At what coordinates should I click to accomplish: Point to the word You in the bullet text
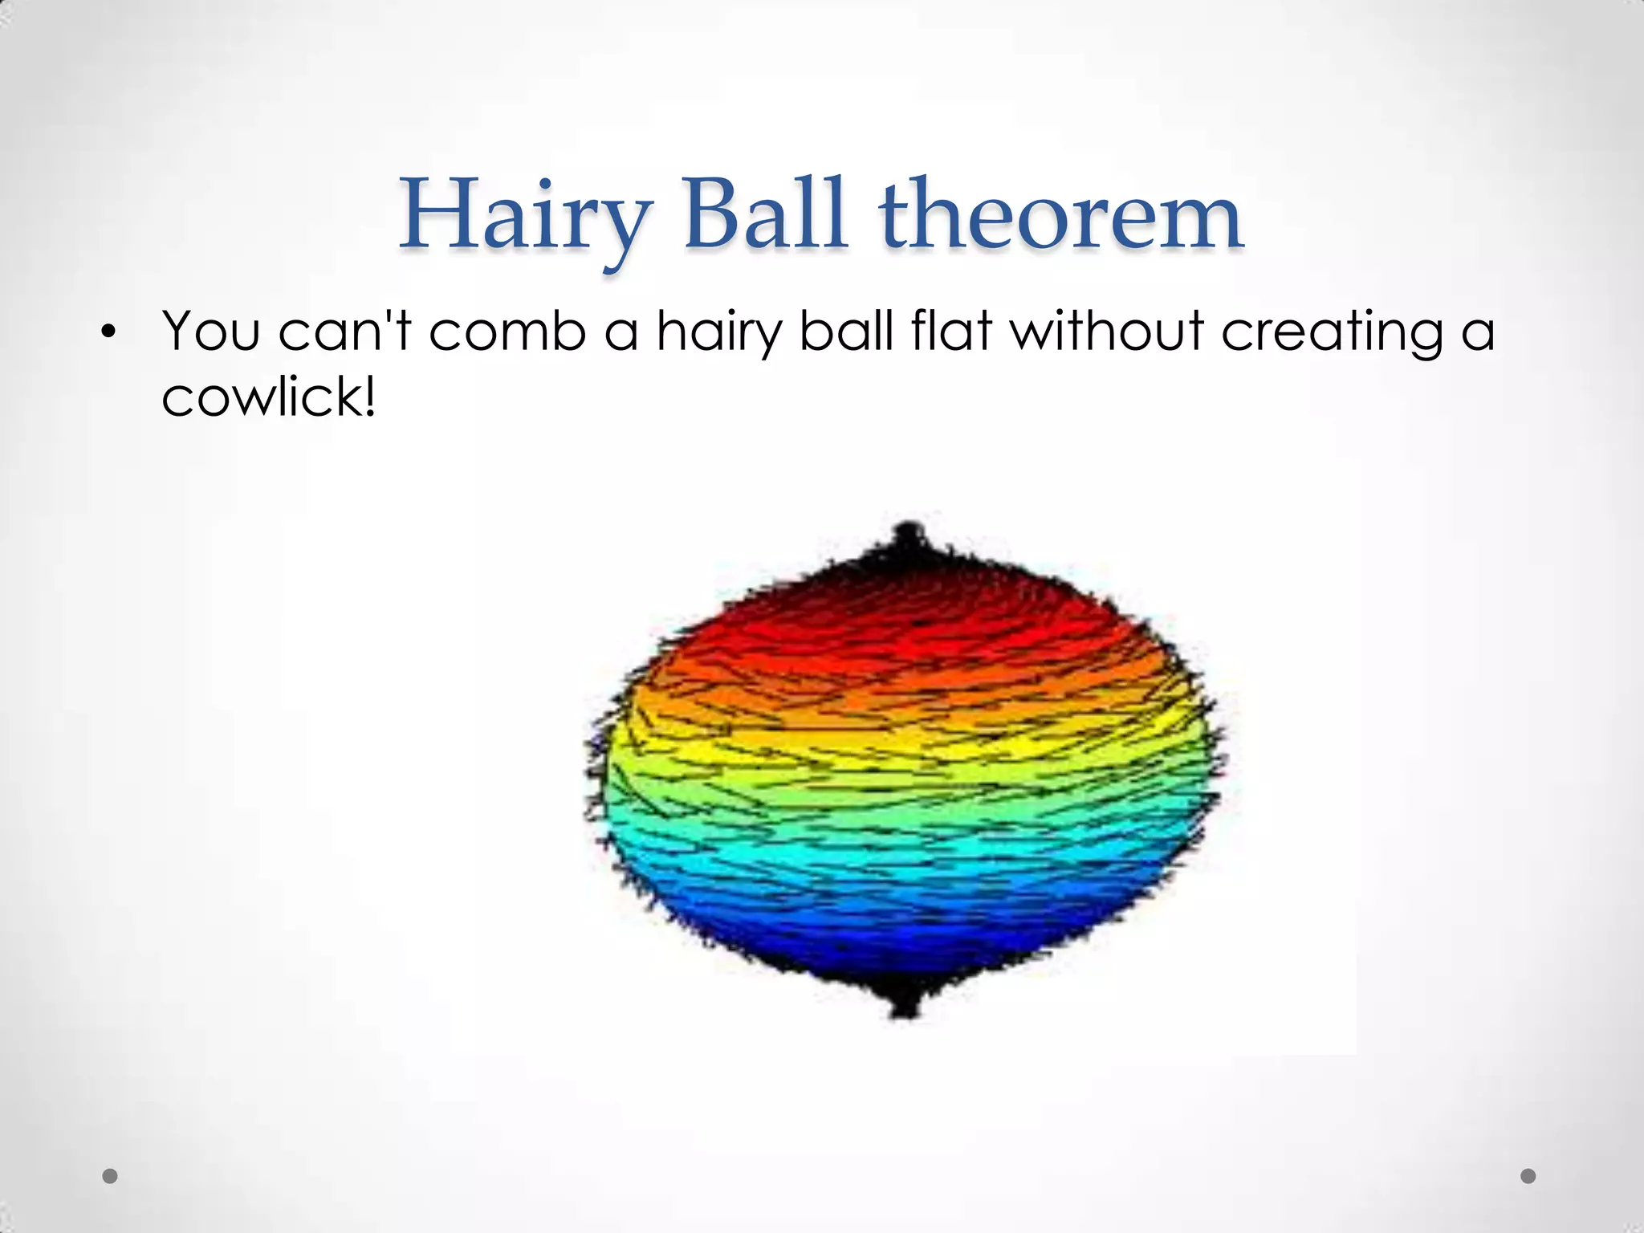point(211,331)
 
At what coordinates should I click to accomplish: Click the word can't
point(344,331)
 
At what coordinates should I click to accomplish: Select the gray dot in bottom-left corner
point(110,1176)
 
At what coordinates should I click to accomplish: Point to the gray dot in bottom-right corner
point(1528,1176)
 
